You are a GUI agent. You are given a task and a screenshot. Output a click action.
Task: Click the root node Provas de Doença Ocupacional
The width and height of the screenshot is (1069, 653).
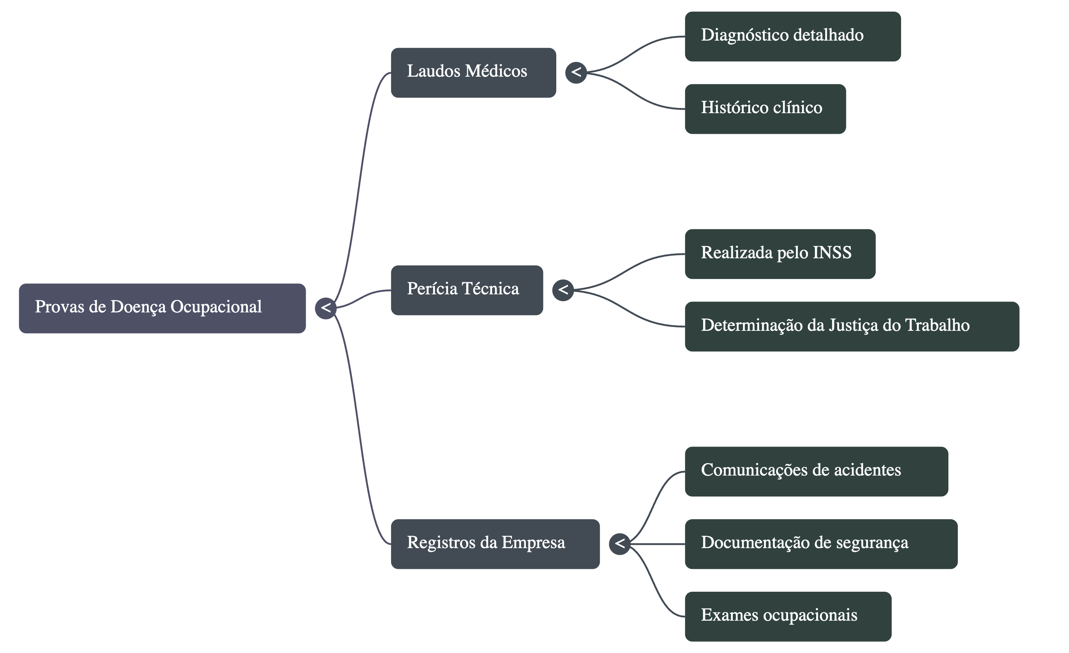tap(162, 308)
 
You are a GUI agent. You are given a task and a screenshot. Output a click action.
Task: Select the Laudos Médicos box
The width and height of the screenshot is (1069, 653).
tap(473, 73)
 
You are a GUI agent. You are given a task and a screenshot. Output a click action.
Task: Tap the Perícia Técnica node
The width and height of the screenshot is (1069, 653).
tap(467, 290)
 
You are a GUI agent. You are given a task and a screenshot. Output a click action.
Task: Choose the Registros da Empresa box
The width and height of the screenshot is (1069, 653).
tap(495, 544)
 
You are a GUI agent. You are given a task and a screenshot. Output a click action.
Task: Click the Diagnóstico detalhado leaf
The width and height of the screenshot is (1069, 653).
tap(792, 36)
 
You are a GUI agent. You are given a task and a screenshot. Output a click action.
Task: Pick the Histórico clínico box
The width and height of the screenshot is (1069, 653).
tap(765, 109)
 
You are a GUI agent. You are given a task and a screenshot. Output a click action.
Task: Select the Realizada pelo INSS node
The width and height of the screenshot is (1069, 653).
tap(780, 254)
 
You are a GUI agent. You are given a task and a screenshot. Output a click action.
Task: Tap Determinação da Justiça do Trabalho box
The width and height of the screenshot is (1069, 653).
tap(852, 326)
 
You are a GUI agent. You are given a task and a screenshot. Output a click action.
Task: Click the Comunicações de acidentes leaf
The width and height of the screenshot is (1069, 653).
tap(816, 471)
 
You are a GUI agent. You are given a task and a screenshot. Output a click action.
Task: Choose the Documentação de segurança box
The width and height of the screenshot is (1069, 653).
tap(821, 544)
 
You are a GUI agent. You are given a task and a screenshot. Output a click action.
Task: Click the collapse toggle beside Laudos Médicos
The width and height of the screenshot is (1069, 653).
tap(576, 72)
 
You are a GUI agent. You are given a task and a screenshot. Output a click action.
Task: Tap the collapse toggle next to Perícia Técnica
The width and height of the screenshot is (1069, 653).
tap(563, 289)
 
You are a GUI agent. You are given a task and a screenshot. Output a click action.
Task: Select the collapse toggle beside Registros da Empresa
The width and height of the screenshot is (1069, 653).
tap(619, 544)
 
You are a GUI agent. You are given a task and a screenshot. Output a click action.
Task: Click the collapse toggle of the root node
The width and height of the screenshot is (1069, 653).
tap(326, 308)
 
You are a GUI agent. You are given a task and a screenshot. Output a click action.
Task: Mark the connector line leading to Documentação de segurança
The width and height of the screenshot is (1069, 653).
tap(657, 544)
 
